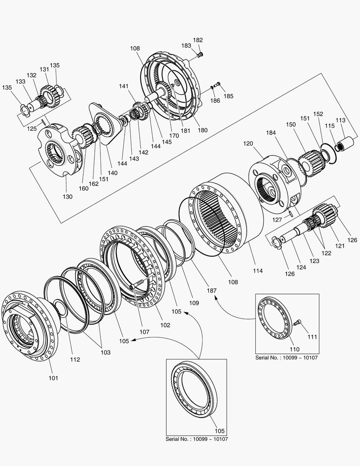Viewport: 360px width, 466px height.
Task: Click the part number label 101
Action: pyautogui.click(x=53, y=378)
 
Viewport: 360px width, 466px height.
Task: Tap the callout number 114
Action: pyautogui.click(x=259, y=271)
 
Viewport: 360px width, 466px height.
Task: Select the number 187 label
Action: pyautogui.click(x=212, y=291)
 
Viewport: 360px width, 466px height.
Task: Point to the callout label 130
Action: pyautogui.click(x=68, y=196)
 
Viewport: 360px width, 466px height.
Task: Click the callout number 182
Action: pyautogui.click(x=198, y=40)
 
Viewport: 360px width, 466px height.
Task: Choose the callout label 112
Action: pyautogui.click(x=75, y=359)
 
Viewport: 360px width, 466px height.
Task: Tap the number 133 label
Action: pyautogui.click(x=21, y=81)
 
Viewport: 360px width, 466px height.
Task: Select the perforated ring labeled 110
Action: pyautogui.click(x=275, y=318)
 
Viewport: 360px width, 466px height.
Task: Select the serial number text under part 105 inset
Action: pyautogui.click(x=197, y=439)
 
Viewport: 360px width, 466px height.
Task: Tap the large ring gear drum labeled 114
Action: pyautogui.click(x=229, y=211)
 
